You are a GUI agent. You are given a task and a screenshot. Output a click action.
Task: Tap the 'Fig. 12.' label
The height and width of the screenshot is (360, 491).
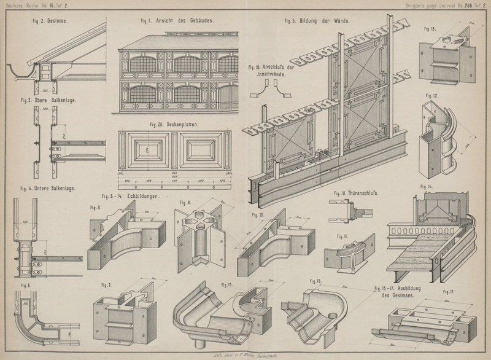tap(431, 96)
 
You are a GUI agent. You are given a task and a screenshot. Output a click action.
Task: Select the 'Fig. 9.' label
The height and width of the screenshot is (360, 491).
tap(184, 203)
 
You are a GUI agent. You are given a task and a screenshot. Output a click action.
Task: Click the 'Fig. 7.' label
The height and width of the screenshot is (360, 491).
tap(106, 286)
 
